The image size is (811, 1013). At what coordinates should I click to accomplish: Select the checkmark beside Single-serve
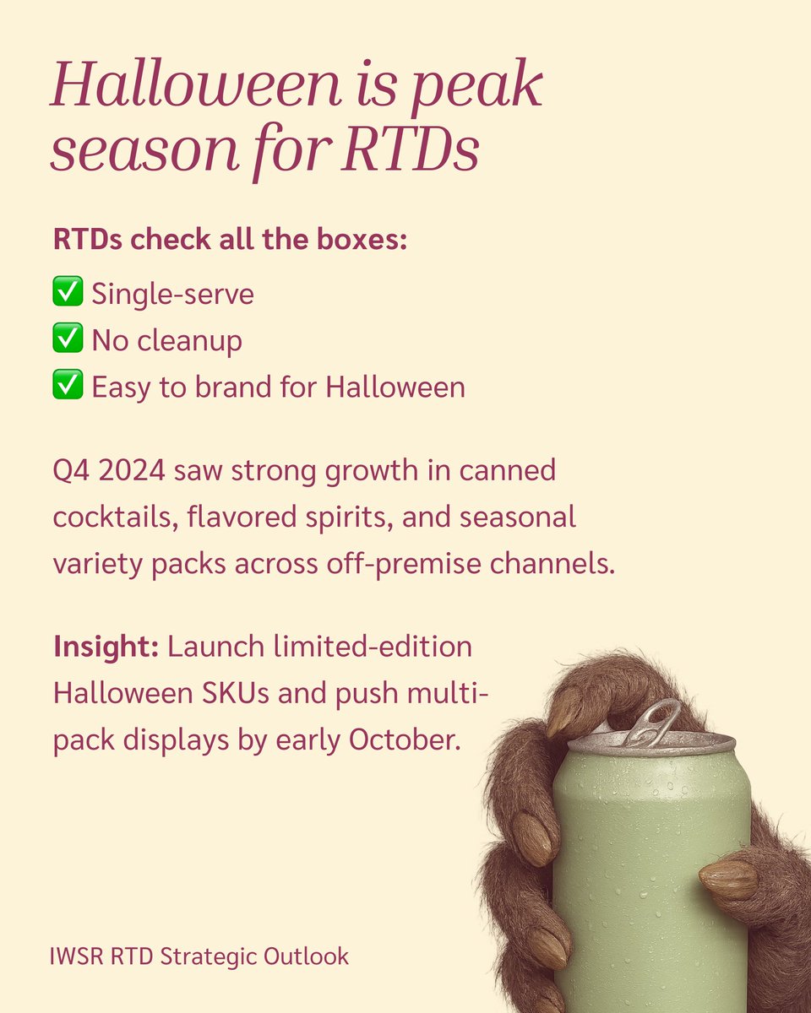tap(67, 294)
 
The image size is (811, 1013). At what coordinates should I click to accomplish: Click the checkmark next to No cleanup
tap(67, 340)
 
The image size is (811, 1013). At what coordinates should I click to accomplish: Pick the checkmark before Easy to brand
tap(67, 387)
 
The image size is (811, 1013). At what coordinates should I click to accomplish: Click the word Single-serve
tap(173, 295)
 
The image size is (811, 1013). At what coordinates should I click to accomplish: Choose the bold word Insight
tap(106, 647)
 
